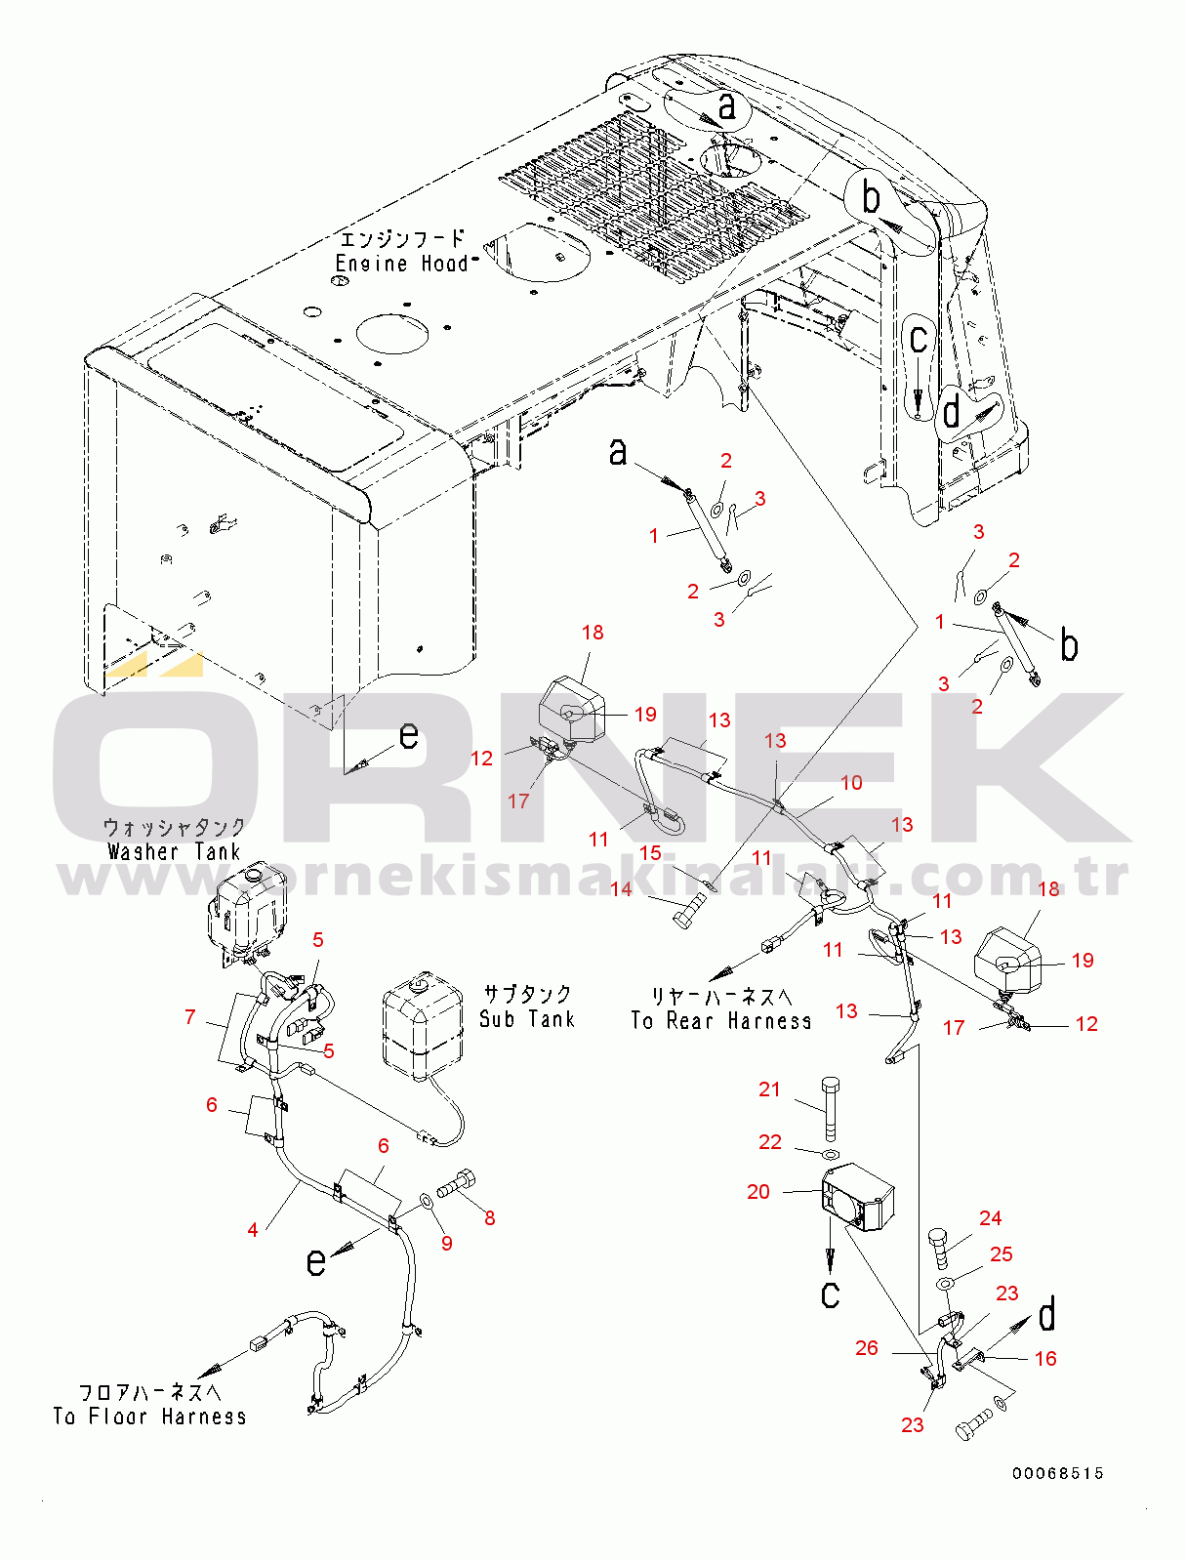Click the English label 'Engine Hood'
click(402, 264)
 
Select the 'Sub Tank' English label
click(527, 1018)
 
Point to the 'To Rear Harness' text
click(721, 1020)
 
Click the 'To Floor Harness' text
click(150, 1416)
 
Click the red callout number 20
click(757, 1191)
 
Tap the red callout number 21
click(769, 1089)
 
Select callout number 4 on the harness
click(253, 1229)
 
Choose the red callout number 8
click(489, 1218)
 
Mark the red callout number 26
click(867, 1347)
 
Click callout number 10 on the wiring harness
click(851, 782)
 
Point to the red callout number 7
click(189, 1017)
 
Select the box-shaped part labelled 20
click(857, 1196)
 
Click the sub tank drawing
click(423, 1022)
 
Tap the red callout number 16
click(1045, 1358)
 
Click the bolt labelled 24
click(941, 1248)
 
